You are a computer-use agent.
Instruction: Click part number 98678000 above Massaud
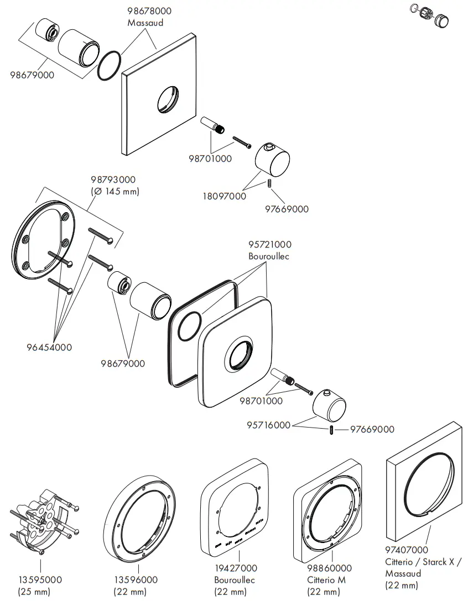[149, 11]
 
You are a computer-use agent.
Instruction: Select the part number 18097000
[224, 196]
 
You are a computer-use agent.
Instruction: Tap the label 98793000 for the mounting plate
[113, 180]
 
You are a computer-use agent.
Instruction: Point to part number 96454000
[49, 347]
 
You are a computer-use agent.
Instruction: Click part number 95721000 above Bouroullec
[269, 244]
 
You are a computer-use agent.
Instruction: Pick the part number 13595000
[40, 580]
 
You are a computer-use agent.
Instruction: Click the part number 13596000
[135, 580]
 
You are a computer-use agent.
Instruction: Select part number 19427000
[235, 568]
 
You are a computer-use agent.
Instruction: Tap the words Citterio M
[326, 580]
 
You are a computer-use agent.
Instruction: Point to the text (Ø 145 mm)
[115, 192]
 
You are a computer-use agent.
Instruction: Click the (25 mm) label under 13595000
[34, 592]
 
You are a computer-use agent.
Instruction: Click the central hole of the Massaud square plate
[168, 100]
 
